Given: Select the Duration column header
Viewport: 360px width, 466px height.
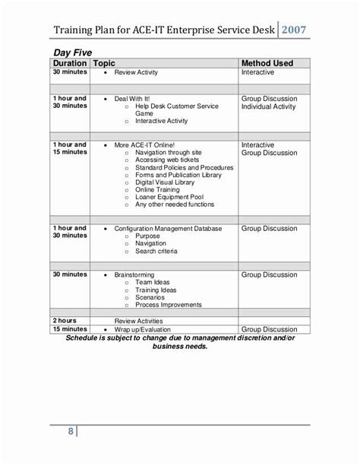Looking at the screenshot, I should tap(70, 62).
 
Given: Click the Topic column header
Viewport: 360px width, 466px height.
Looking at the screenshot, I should tap(106, 62).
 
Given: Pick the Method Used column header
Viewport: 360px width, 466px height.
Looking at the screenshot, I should tap(271, 62).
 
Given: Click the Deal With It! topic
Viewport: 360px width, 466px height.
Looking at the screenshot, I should tap(135, 99).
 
